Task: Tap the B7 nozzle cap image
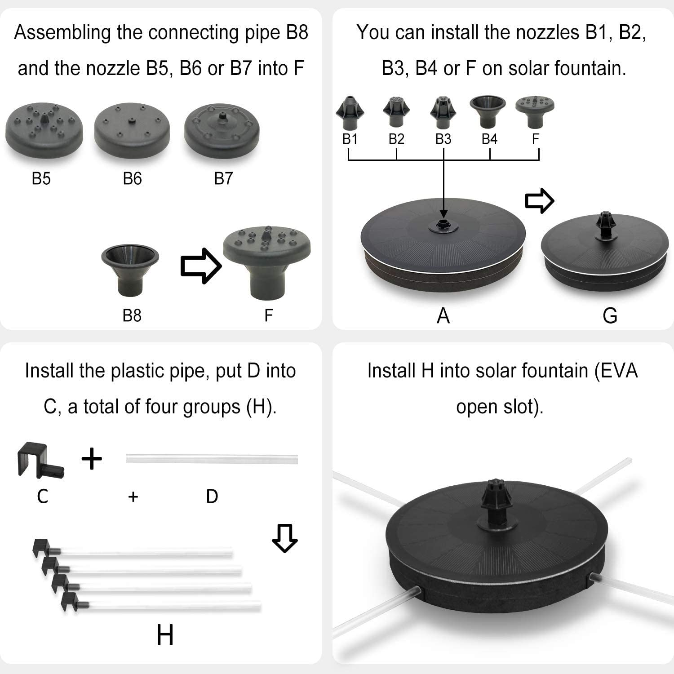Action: [x=222, y=131]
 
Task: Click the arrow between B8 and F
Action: [x=201, y=266]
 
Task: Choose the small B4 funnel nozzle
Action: [x=488, y=111]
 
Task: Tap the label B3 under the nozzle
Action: [x=443, y=139]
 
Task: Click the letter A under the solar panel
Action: [x=443, y=315]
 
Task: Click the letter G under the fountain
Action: [x=610, y=315]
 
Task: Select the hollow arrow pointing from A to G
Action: [x=540, y=200]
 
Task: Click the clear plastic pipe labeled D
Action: [x=212, y=459]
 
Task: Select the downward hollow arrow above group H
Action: [x=284, y=538]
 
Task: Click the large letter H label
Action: [x=165, y=635]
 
